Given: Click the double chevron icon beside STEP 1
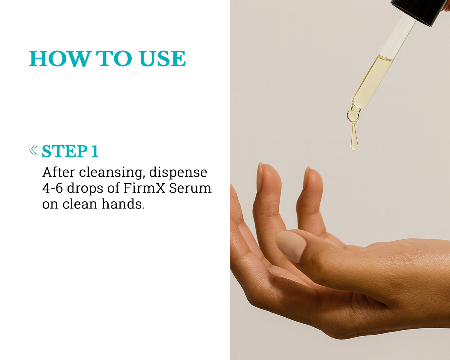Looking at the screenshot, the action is pyautogui.click(x=33, y=150).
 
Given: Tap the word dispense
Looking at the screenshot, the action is pyautogui.click(x=178, y=173).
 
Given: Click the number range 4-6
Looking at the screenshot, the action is pyautogui.click(x=52, y=188).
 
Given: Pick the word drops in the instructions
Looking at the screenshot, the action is pyautogui.click(x=85, y=188).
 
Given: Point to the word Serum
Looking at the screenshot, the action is pyautogui.click(x=190, y=188).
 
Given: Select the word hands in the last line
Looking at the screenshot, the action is pyautogui.click(x=123, y=204).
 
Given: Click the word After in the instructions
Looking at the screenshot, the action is pyautogui.click(x=58, y=172).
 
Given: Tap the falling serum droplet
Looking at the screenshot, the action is pyautogui.click(x=354, y=137).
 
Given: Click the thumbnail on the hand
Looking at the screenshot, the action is pyautogui.click(x=291, y=246).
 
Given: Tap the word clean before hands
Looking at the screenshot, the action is pyautogui.click(x=80, y=204).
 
